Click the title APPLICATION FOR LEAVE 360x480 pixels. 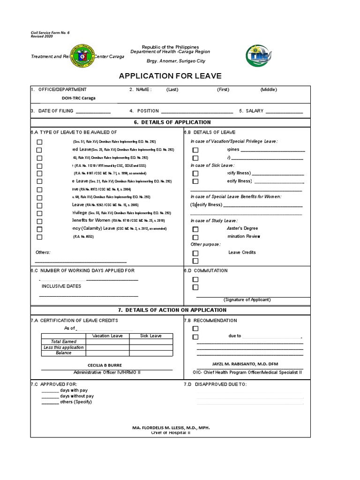click(x=170, y=76)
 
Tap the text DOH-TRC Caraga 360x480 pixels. click(x=79, y=98)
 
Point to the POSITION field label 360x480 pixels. click(x=148, y=111)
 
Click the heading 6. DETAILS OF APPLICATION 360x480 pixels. click(x=170, y=122)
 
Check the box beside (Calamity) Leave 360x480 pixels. click(x=39, y=229)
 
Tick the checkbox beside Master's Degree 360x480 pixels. click(x=195, y=229)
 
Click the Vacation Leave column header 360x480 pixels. click(x=107, y=336)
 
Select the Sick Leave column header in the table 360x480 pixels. click(x=151, y=336)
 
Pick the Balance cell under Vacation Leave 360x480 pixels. click(x=107, y=353)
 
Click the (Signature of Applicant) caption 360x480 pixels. click(x=247, y=300)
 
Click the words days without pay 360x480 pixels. click(x=77, y=396)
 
